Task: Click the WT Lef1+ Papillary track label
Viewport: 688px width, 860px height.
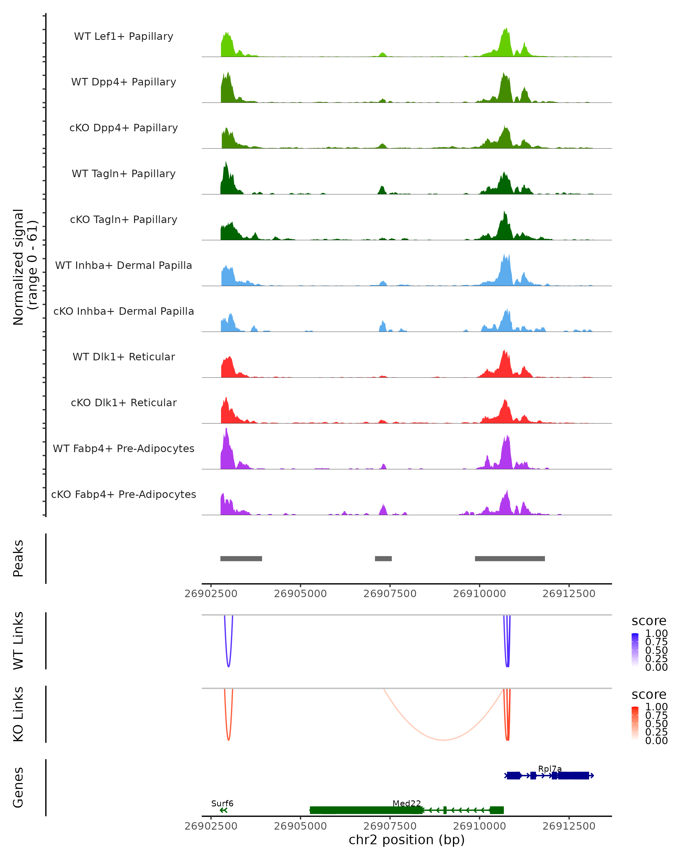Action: pyautogui.click(x=124, y=36)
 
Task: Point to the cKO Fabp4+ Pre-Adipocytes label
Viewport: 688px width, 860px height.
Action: pyautogui.click(x=124, y=494)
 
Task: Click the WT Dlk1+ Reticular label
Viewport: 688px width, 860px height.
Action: pyautogui.click(x=124, y=357)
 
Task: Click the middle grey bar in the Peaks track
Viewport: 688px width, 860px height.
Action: pyautogui.click(x=383, y=558)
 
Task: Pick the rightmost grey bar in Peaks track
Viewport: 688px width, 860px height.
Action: pyautogui.click(x=510, y=558)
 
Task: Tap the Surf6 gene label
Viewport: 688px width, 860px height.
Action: pyautogui.click(x=222, y=803)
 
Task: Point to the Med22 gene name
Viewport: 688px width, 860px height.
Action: pyautogui.click(x=406, y=803)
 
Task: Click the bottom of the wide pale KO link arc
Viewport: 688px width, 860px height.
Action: pyautogui.click(x=443, y=740)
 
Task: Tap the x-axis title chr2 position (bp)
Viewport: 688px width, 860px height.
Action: pyautogui.click(x=406, y=840)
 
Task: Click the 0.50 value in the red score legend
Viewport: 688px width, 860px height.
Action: pyautogui.click(x=656, y=724)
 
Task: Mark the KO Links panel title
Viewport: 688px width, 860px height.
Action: pyautogui.click(x=18, y=714)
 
